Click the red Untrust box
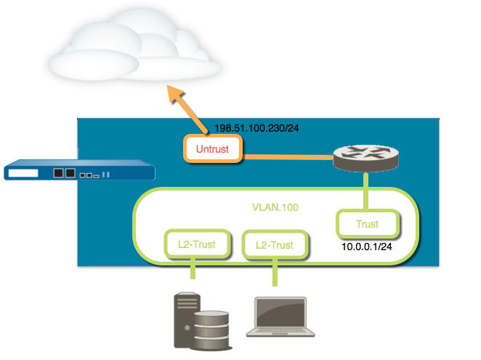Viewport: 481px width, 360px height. (x=214, y=150)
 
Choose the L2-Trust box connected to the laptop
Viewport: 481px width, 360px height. (x=274, y=245)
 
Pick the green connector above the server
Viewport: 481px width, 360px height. (x=193, y=270)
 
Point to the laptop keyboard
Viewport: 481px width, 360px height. (x=284, y=331)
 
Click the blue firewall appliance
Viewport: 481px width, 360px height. (x=80, y=174)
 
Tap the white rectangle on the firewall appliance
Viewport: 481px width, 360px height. (x=24, y=174)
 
